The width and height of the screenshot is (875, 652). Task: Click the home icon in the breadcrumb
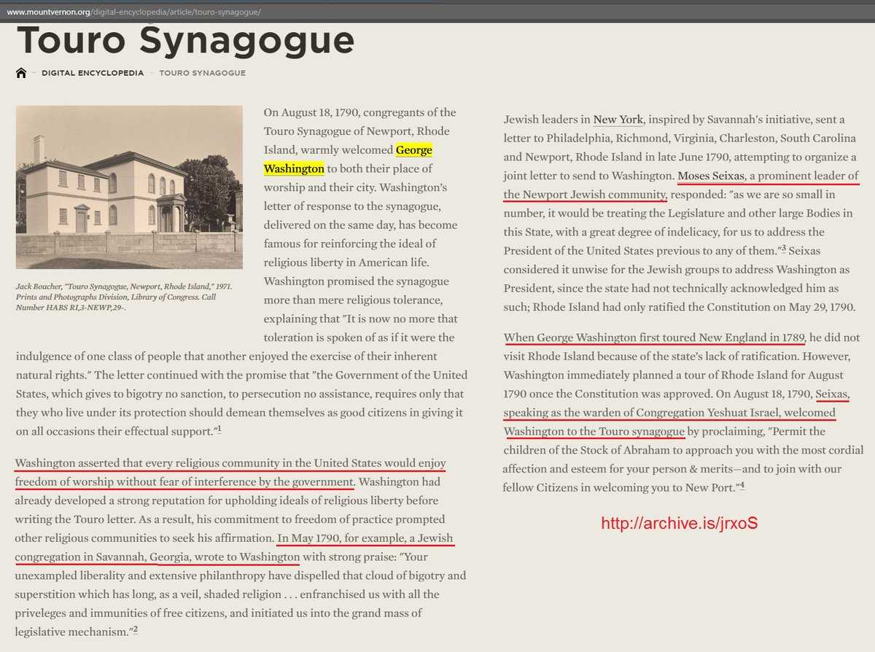click(21, 73)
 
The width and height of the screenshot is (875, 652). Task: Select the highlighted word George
click(414, 150)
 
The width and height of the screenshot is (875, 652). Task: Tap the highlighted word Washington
click(294, 168)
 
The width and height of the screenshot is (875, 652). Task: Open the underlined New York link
click(618, 119)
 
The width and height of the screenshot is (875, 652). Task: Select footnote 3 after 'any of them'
click(783, 250)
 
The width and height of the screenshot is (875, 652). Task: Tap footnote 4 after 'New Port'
click(742, 486)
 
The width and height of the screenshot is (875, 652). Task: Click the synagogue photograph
click(129, 187)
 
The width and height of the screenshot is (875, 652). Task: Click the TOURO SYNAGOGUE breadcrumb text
click(202, 73)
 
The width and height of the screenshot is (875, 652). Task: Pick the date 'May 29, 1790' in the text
click(816, 307)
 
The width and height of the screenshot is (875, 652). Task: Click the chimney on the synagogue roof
click(39, 148)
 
